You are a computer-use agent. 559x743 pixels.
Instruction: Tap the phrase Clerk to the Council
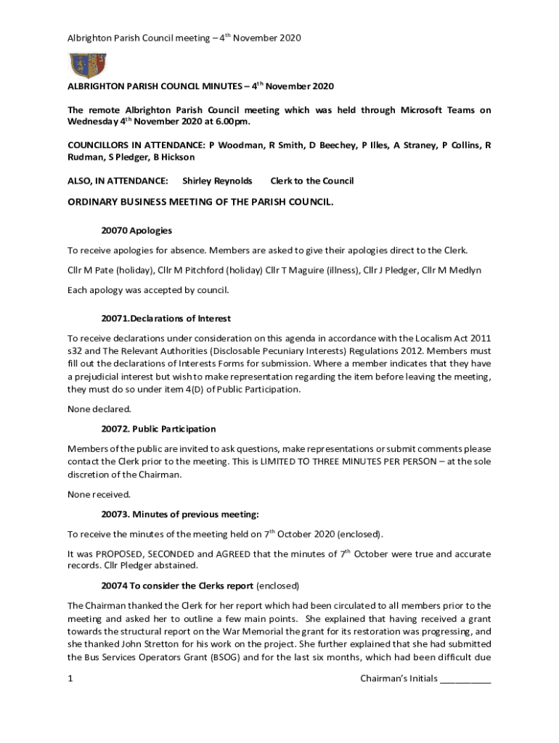pyautogui.click(x=312, y=181)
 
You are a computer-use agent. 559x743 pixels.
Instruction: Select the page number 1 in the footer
pyautogui.click(x=70, y=679)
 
